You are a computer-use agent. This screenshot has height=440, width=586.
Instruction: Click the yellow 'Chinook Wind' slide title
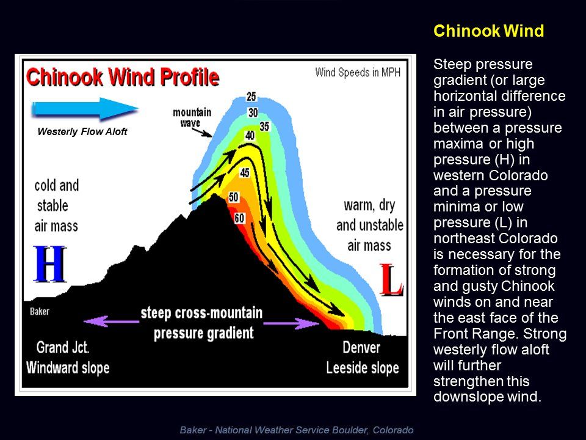pos(488,31)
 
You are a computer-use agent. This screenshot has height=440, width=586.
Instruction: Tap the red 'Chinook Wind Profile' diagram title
pos(123,77)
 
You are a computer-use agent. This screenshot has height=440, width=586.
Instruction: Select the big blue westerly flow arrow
pos(85,109)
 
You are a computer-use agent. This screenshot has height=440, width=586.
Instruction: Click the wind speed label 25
pos(251,97)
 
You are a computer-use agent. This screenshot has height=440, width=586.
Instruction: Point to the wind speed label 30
pos(253,112)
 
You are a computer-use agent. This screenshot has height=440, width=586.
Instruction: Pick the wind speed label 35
pos(264,127)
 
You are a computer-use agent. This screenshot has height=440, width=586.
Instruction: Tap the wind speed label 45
pos(245,172)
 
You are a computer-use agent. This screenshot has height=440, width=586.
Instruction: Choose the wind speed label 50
pos(234,197)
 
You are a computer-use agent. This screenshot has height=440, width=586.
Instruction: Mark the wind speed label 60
pos(239,218)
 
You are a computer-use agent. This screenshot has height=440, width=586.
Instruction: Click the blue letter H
pos(49,264)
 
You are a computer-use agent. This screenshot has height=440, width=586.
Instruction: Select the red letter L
pos(391,279)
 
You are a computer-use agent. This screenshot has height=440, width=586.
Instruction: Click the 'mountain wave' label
pos(192,117)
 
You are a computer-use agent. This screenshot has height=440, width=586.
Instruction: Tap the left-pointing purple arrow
pos(111,321)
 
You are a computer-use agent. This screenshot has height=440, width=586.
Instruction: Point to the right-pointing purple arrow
pos(292,323)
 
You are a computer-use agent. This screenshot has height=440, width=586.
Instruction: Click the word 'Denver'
pos(361,348)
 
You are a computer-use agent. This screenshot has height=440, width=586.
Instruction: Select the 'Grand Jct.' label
pos(63,348)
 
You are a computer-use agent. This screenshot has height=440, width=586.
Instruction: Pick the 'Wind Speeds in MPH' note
pos(358,72)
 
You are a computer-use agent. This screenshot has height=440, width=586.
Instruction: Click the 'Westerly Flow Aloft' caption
pos(82,132)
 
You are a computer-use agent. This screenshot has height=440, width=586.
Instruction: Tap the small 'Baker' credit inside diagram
pos(39,311)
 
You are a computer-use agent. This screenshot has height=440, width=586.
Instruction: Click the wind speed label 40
pos(250,135)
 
